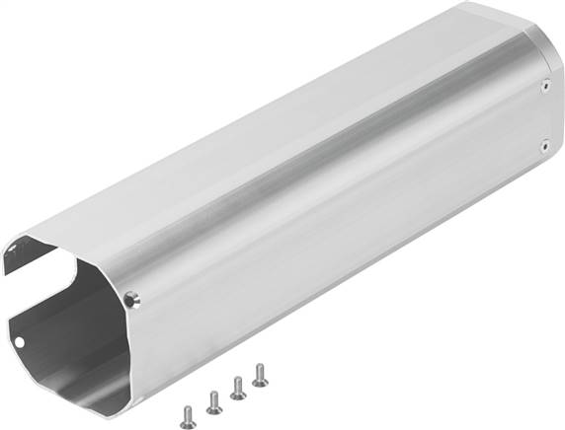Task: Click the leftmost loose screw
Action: pos(185,409)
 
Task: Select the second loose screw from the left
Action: pos(212,399)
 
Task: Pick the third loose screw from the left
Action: pos(237,388)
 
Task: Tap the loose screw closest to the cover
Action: pos(261,374)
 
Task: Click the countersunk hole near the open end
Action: pos(132,297)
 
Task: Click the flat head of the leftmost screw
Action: pos(185,405)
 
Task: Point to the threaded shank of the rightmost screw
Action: pos(262,379)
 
